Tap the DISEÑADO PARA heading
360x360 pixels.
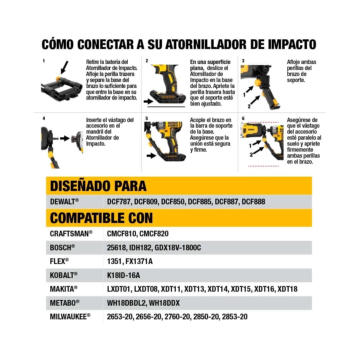click(x=98, y=186)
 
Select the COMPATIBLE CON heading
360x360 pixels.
click(x=101, y=218)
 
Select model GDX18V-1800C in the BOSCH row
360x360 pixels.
click(x=178, y=248)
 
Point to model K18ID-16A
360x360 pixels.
click(x=124, y=275)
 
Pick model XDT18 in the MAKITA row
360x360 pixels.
click(x=287, y=289)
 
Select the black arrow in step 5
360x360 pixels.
click(x=151, y=155)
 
